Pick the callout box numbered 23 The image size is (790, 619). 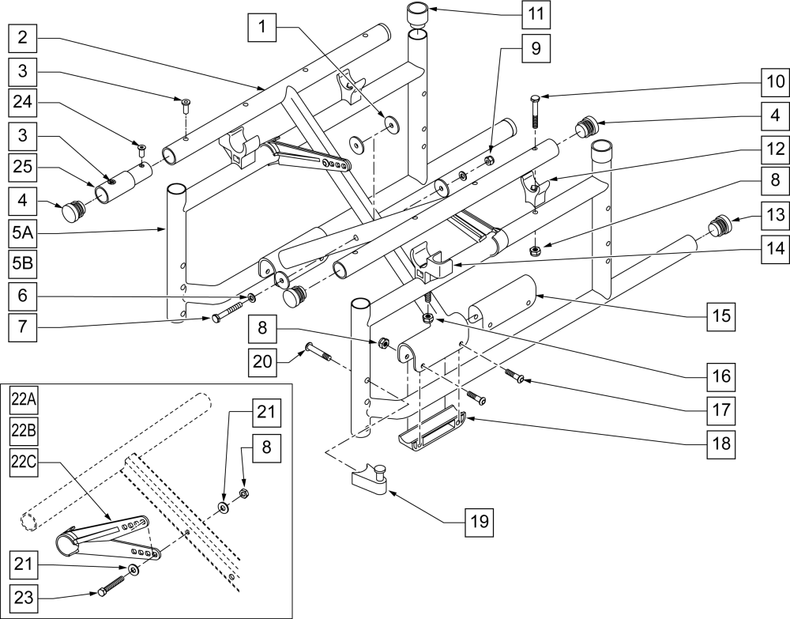(23, 598)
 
